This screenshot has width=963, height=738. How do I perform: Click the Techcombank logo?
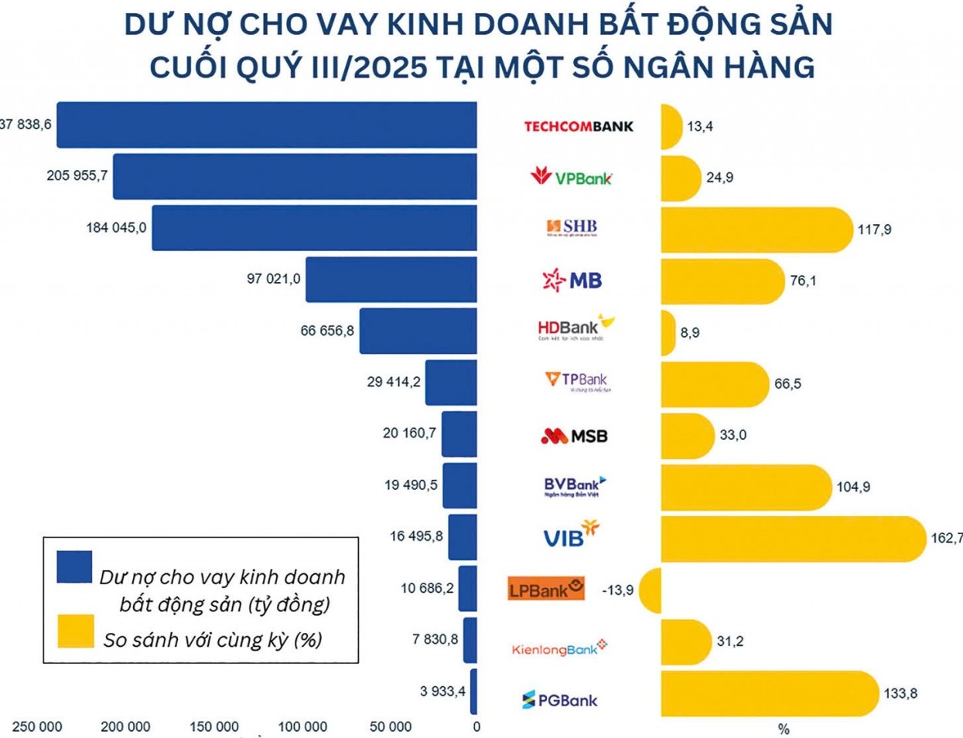[579, 126]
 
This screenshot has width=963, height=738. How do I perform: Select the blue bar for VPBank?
[295, 176]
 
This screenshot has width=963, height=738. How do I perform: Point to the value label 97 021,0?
[273, 278]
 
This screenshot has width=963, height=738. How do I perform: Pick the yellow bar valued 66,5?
[714, 384]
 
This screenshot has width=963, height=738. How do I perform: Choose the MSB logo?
[574, 437]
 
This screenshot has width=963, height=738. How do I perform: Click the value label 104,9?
[852, 488]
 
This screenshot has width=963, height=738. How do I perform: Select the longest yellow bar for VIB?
[793, 539]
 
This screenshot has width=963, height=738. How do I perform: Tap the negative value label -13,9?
[617, 590]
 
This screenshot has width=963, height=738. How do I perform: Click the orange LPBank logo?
[546, 589]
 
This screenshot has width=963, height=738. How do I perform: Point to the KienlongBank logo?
[559, 649]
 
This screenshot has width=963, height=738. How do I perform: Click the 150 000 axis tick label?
[214, 727]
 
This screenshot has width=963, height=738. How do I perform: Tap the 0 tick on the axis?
[476, 727]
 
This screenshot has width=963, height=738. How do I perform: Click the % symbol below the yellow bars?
[784, 729]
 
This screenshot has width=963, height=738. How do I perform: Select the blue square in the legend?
[75, 567]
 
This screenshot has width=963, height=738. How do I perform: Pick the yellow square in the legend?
[75, 631]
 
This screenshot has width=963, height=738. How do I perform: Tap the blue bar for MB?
[391, 280]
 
